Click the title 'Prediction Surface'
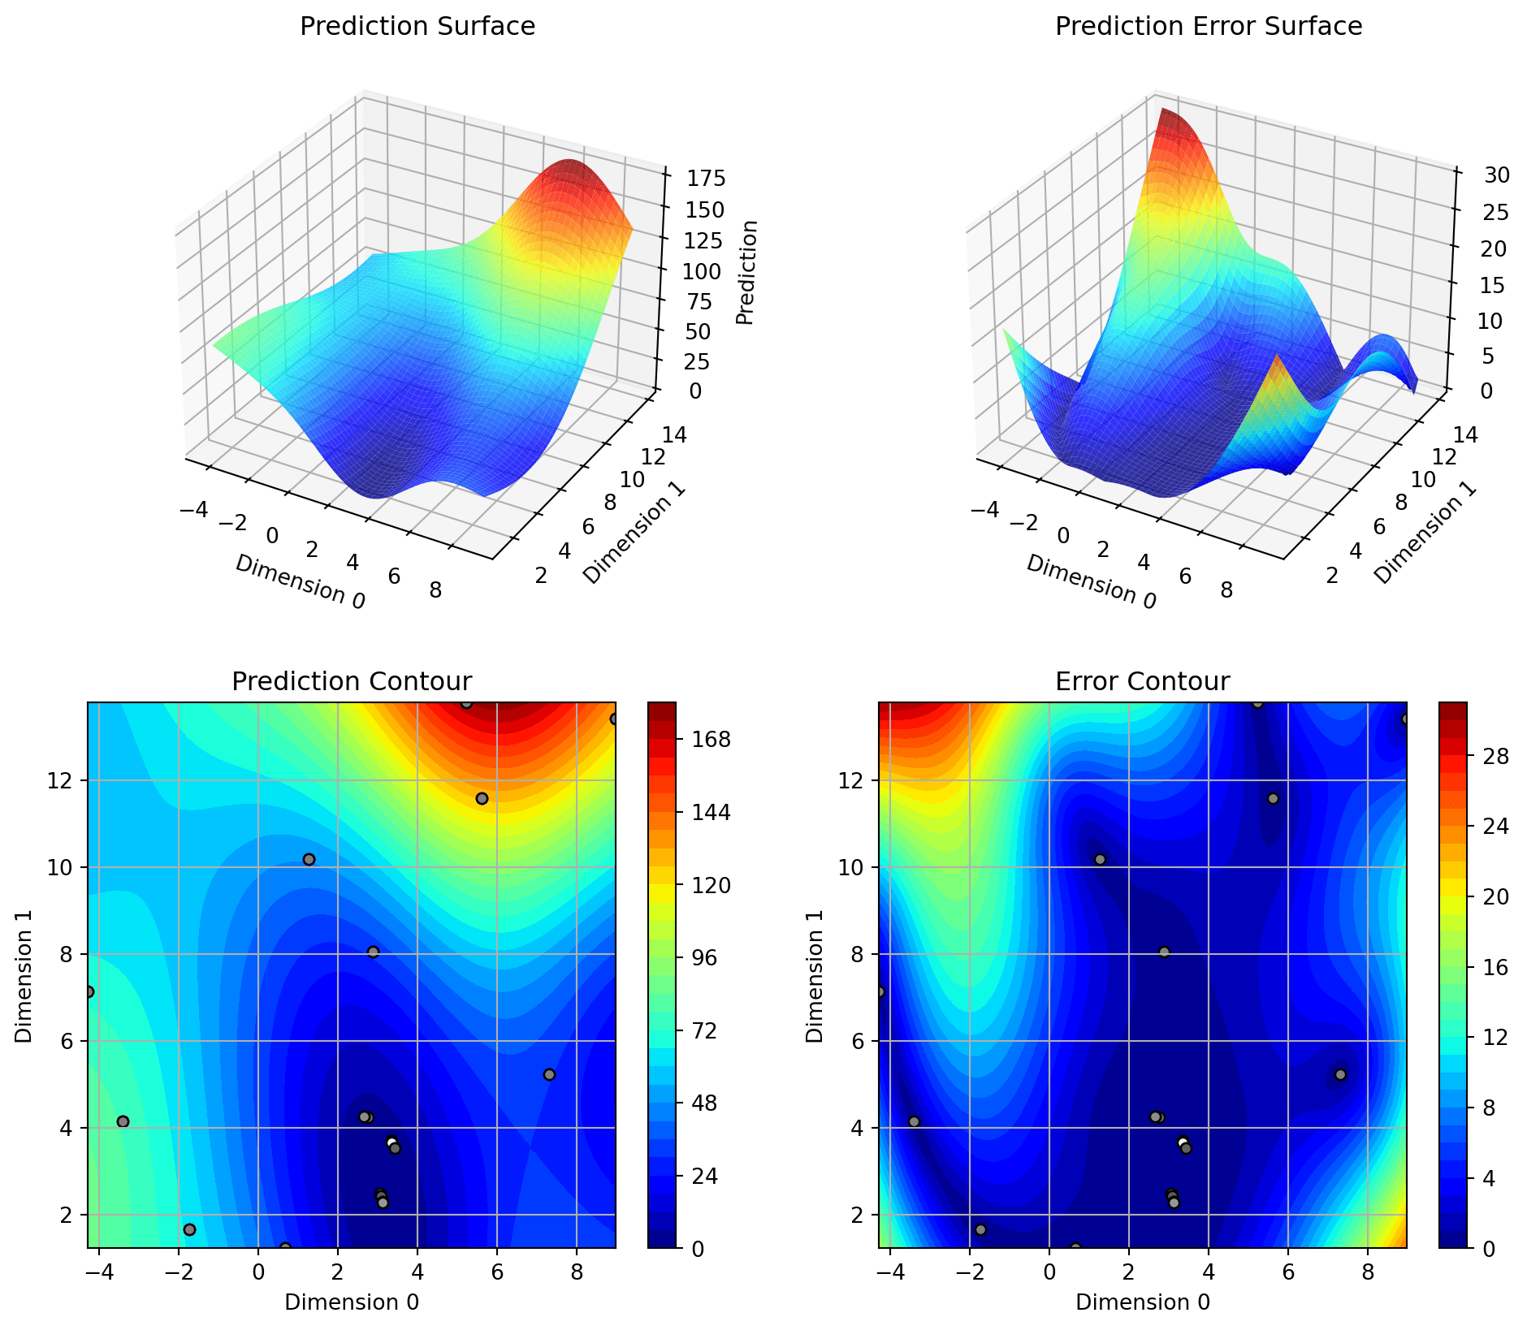(417, 27)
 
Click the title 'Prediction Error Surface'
(1208, 27)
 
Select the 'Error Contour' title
(1142, 681)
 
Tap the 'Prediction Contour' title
(352, 681)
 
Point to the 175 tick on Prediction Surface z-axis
(706, 179)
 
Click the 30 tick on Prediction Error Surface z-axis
(1491, 175)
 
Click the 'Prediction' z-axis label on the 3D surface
(747, 273)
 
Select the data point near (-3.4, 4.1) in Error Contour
(914, 1121)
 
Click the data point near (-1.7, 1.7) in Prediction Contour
(189, 1229)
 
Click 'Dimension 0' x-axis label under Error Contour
(1143, 1302)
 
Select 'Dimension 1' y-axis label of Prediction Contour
(24, 974)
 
